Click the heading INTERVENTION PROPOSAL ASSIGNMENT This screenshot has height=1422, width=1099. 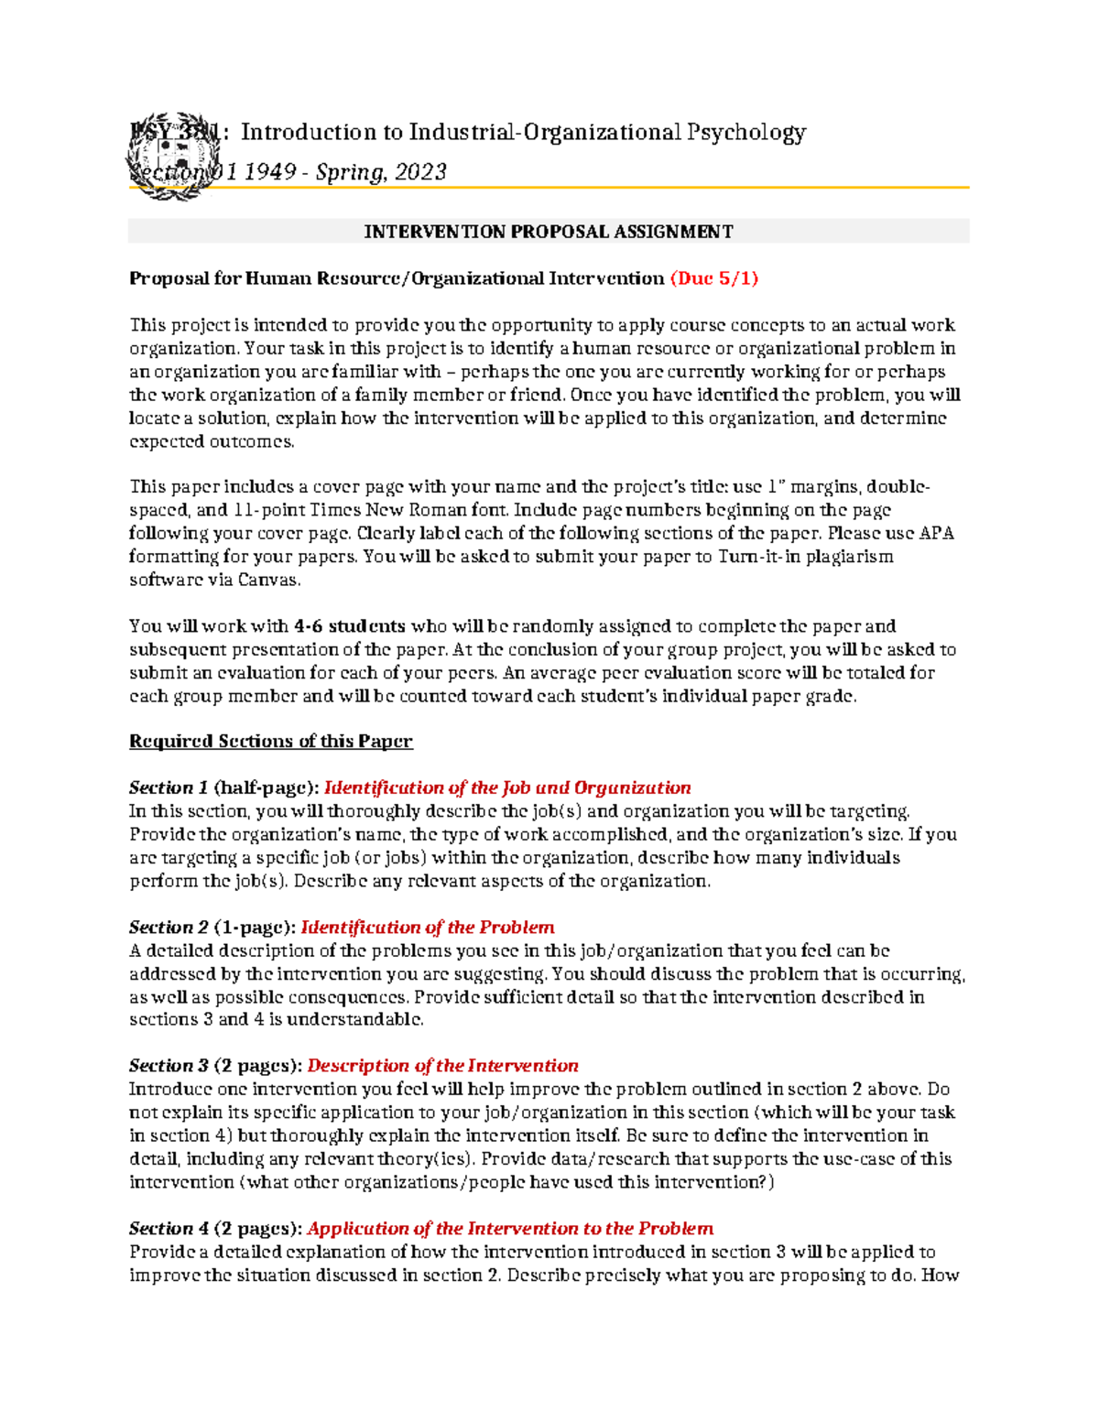[x=549, y=232]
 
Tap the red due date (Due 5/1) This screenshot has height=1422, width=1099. [x=714, y=278]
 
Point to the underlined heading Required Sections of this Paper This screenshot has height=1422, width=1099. [x=271, y=742]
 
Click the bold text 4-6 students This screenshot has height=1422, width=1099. [x=349, y=626]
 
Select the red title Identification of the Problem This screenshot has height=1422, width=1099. [x=428, y=928]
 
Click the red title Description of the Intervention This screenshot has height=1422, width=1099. [x=442, y=1066]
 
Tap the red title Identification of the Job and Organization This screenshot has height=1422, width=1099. [x=507, y=788]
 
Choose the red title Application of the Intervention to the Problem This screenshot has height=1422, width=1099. [x=510, y=1229]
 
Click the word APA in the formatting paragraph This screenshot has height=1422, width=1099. [x=936, y=533]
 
